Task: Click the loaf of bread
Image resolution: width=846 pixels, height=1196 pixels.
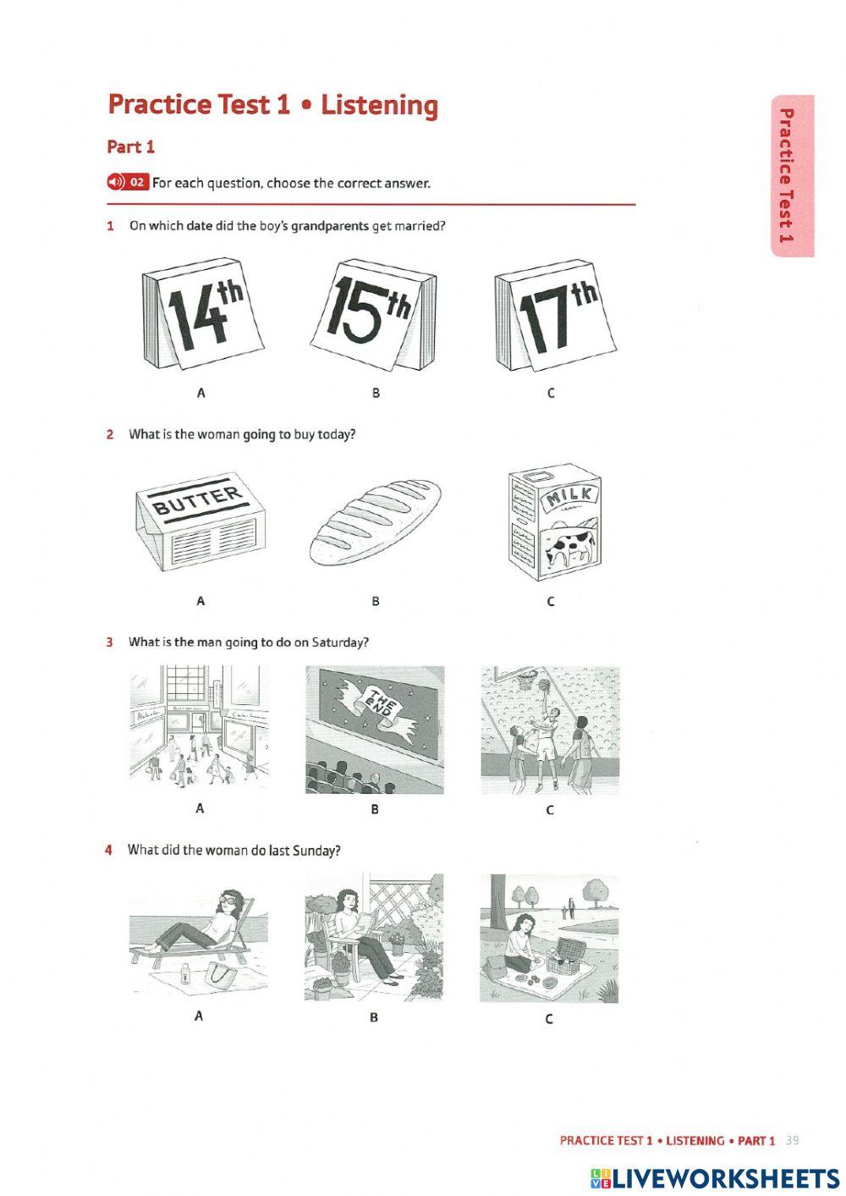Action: [x=375, y=521]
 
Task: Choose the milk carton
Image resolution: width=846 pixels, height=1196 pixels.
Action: [x=554, y=521]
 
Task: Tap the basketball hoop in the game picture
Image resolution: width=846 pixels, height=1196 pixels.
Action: [x=527, y=676]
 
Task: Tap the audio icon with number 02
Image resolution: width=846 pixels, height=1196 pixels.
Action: [x=128, y=182]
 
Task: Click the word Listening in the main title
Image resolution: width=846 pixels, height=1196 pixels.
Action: [x=379, y=105]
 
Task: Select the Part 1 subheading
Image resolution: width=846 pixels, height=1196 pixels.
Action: [x=130, y=146]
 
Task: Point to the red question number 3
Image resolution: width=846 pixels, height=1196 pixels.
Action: [x=109, y=642]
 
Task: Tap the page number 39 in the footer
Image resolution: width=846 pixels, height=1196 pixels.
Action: [x=792, y=1140]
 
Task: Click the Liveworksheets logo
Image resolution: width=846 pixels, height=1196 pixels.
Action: [x=715, y=1178]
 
